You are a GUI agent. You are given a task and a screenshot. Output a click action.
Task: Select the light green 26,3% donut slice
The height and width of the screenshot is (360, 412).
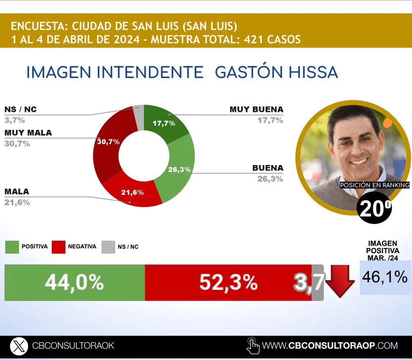178,170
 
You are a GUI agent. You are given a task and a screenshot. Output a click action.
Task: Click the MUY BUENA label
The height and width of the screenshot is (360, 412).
256,110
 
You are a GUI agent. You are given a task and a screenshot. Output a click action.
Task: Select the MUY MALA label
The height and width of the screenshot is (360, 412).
28,133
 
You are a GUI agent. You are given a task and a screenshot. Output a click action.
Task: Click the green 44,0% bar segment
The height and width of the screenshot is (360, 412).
74,283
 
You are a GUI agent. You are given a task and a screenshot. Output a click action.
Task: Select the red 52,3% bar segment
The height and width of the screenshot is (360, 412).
228,283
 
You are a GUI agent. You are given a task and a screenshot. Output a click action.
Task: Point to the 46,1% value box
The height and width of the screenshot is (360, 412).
385,277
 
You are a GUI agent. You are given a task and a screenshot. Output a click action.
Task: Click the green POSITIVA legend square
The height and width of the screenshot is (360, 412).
12,247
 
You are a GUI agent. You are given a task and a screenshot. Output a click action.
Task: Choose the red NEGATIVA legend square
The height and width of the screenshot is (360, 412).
59,247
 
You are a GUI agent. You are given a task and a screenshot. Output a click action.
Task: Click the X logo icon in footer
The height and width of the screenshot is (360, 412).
19,346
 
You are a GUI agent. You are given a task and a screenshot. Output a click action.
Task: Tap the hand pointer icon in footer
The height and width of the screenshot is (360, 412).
253,346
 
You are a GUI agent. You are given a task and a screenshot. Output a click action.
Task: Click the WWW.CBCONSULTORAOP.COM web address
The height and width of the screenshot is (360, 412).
330,346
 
